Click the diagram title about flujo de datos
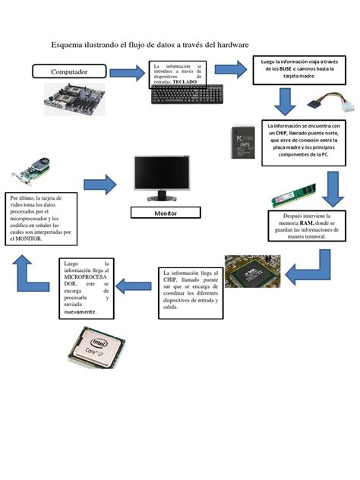(150, 46)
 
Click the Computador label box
(69, 72)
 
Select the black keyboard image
(188, 95)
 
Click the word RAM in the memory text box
(306, 223)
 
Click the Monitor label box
(165, 213)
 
